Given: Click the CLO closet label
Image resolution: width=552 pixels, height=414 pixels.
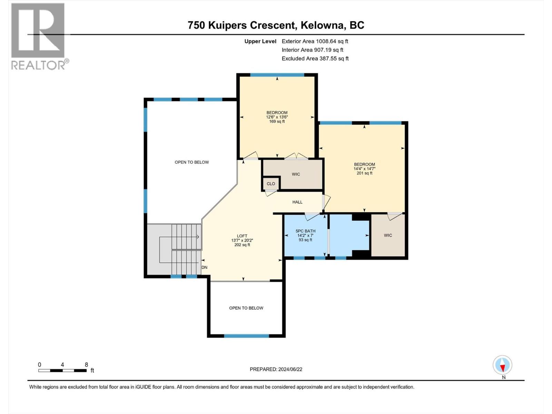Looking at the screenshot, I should click(x=271, y=184).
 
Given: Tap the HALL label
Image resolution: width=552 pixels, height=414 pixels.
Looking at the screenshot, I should click(x=297, y=202).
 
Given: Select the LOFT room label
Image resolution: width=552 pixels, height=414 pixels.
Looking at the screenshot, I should click(x=242, y=236).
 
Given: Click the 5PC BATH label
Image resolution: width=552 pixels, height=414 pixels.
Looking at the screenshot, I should click(x=305, y=231).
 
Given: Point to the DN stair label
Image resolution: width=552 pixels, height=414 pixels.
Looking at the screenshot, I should click(x=205, y=267).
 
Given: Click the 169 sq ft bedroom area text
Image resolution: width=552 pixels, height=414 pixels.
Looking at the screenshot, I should click(x=277, y=121).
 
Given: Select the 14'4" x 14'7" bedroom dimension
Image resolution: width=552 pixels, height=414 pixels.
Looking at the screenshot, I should click(x=364, y=169).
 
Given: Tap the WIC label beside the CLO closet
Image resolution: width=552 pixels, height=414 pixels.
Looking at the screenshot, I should click(x=296, y=174).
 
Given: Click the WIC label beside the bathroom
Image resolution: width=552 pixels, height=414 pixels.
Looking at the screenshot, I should click(x=388, y=235).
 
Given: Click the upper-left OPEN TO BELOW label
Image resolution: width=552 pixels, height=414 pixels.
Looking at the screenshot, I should click(x=192, y=162).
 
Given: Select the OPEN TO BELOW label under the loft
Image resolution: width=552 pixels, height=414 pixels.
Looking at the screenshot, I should click(x=246, y=308).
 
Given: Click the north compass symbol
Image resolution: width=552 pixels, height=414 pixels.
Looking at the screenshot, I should click(x=503, y=365).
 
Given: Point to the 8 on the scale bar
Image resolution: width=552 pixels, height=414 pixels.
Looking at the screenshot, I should click(x=86, y=365).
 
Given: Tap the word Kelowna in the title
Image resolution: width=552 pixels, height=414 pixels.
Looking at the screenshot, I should click(x=323, y=25).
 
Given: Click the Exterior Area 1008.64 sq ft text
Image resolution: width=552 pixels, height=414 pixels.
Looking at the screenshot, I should click(x=315, y=41).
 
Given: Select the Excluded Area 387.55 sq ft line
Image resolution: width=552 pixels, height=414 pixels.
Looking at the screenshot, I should click(x=315, y=59).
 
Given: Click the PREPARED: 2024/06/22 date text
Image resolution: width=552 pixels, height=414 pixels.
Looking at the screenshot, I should click(x=276, y=369).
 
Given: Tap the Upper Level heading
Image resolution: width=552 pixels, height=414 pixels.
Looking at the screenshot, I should click(x=260, y=41).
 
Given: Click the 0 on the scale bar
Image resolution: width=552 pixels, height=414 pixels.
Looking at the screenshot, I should click(x=40, y=365).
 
